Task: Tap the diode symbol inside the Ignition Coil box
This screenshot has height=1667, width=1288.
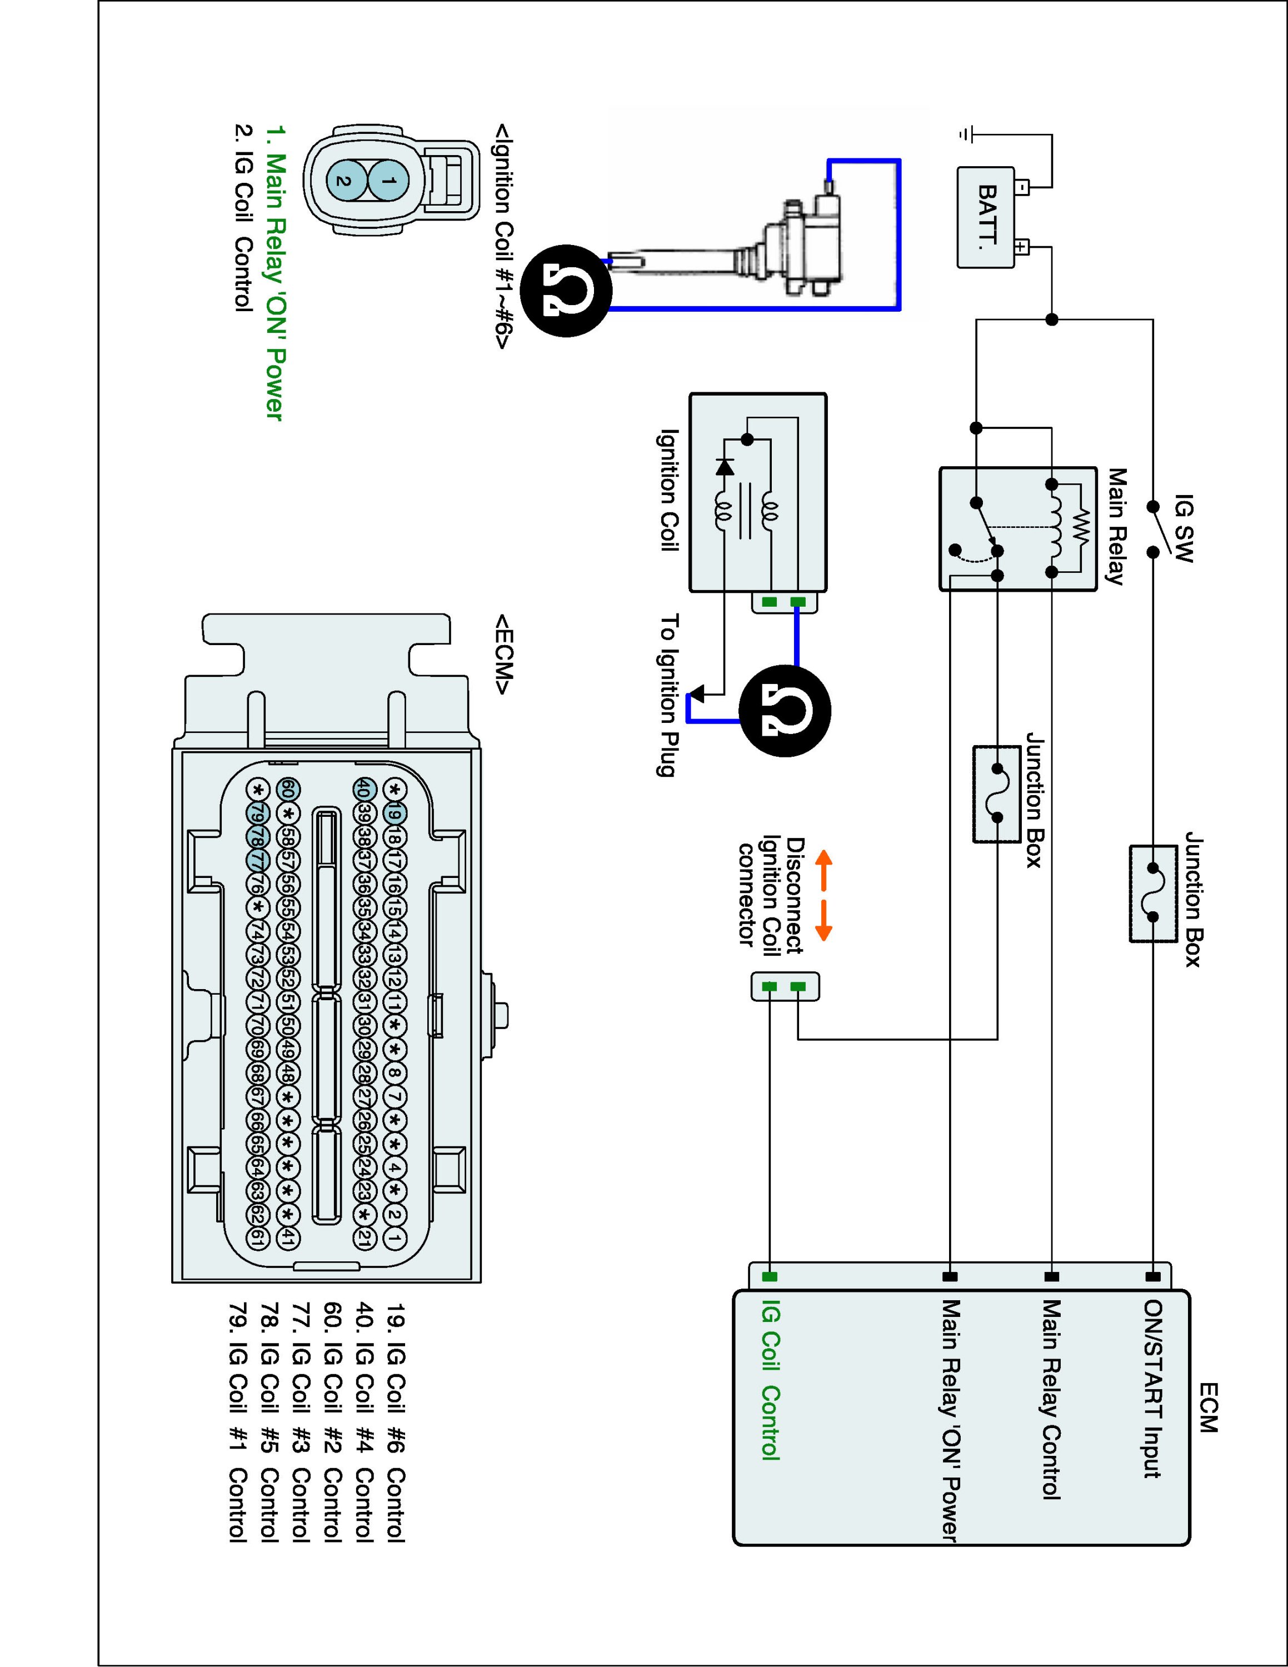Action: tap(725, 466)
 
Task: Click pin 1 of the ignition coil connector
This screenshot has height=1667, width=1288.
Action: tap(388, 181)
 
